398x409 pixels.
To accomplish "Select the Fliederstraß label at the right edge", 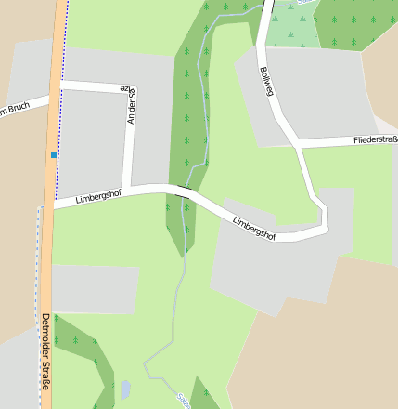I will coord(375,140).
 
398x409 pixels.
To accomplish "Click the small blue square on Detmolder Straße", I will coord(55,154).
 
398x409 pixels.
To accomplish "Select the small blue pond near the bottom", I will coord(126,389).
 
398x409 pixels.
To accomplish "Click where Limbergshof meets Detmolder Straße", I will coord(52,204).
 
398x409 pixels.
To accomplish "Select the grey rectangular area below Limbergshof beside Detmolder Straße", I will coord(93,288).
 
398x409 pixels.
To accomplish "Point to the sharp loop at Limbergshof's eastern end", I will coord(325,218).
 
